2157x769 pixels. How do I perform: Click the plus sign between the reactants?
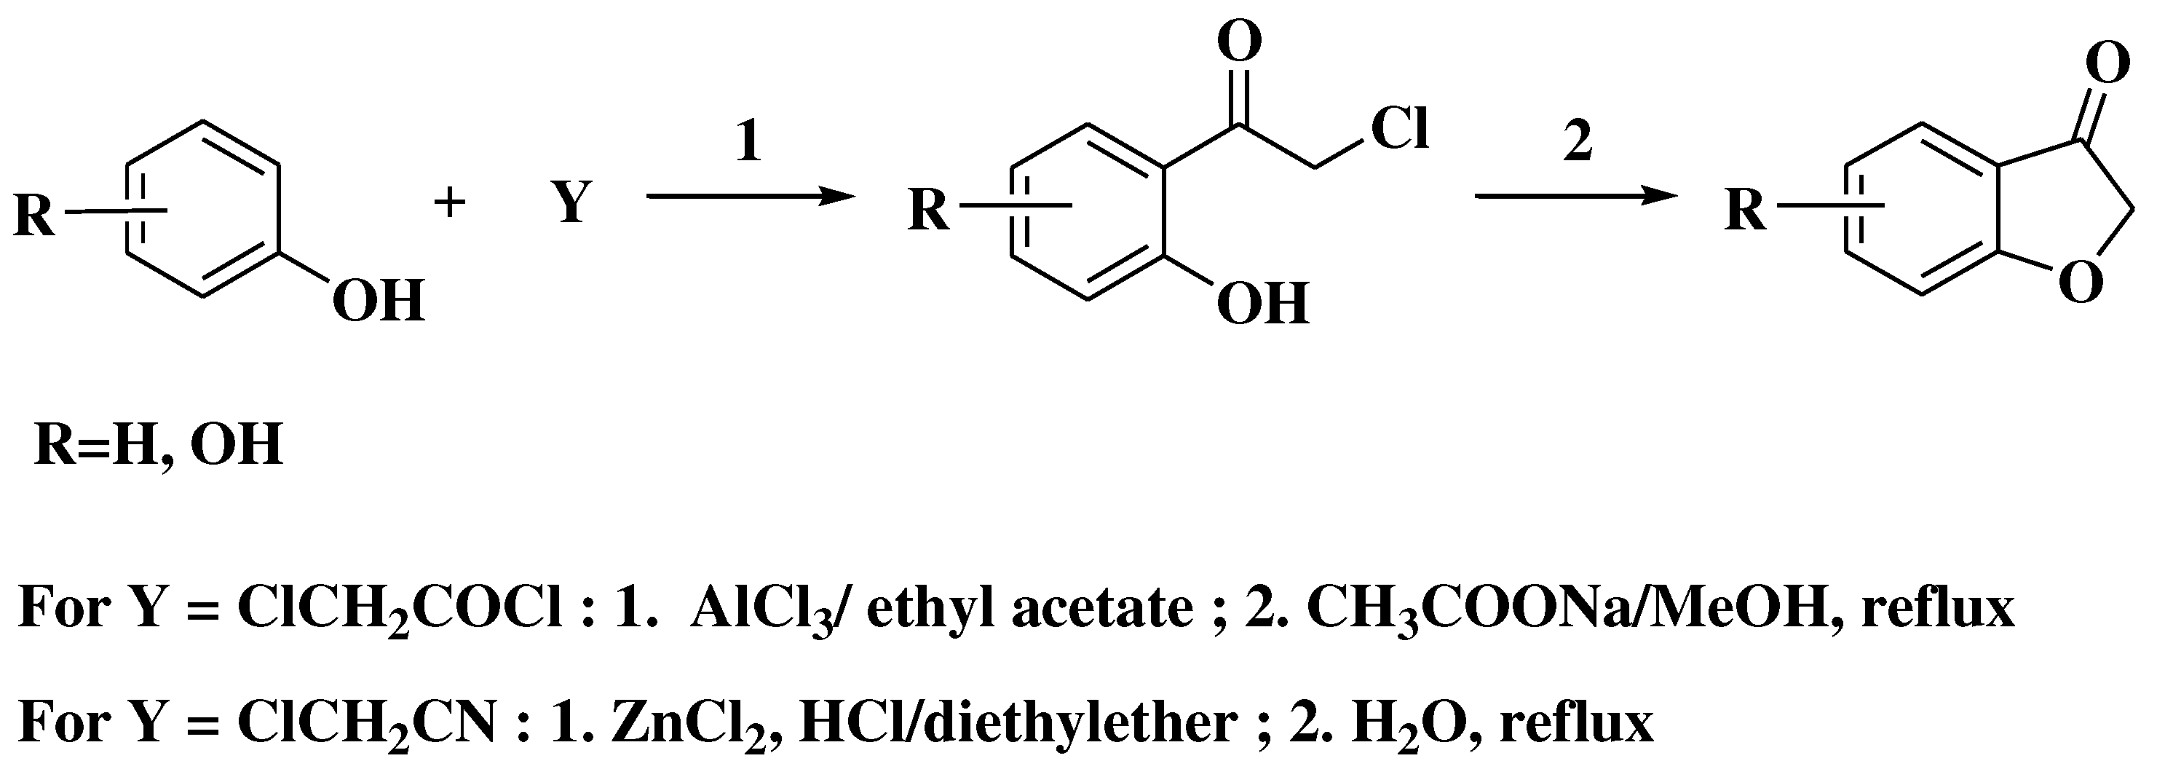click(x=450, y=202)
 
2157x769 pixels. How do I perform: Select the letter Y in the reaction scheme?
click(x=571, y=202)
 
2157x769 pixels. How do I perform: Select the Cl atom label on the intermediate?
click(x=1399, y=130)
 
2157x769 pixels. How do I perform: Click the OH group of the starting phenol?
click(x=379, y=301)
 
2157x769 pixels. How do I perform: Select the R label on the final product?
click(x=1746, y=210)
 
